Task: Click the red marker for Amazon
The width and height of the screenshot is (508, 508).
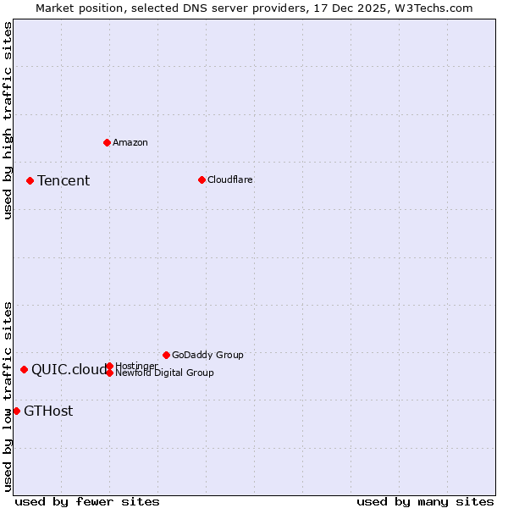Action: [107, 142]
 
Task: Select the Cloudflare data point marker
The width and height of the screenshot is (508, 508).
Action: [202, 179]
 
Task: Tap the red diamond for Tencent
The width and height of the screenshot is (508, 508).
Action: [30, 180]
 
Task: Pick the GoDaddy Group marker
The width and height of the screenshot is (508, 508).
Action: [166, 355]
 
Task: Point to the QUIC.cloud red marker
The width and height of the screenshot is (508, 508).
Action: [24, 369]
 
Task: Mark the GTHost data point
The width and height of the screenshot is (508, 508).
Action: [16, 411]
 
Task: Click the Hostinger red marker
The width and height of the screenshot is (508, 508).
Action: [109, 366]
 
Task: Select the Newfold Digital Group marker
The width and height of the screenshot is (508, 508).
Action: [109, 373]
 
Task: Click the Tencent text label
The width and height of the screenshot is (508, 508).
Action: [63, 180]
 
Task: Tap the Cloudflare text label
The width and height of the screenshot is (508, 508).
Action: [230, 179]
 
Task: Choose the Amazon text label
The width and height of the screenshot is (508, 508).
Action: [130, 142]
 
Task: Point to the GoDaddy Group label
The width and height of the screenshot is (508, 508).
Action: [207, 355]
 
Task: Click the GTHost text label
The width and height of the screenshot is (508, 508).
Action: [48, 411]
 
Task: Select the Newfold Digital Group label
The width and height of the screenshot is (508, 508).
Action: [164, 373]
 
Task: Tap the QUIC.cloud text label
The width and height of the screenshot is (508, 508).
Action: [69, 369]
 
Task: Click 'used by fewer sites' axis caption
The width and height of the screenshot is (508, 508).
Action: [87, 501]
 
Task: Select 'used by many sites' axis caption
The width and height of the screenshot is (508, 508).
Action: [425, 501]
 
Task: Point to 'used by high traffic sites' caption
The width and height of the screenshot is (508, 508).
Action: [8, 120]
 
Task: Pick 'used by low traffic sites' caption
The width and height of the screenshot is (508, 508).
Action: [8, 396]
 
